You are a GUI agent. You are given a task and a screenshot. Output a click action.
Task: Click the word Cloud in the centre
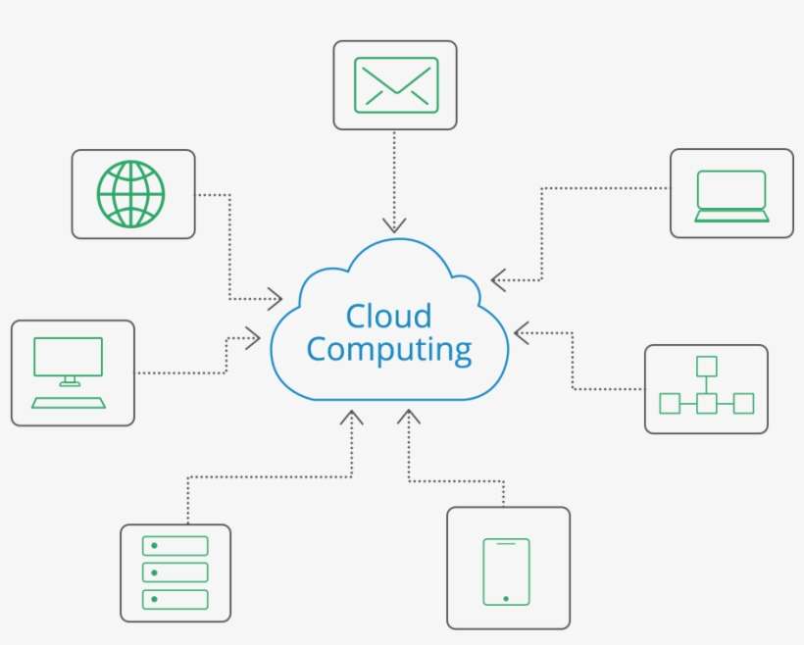tap(389, 316)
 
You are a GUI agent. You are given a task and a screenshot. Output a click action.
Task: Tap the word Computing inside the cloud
tap(389, 350)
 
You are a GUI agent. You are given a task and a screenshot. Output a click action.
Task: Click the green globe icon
tap(131, 193)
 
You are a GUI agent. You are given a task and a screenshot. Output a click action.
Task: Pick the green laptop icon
tap(731, 195)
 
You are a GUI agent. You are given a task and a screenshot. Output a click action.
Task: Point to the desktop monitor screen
tap(68, 357)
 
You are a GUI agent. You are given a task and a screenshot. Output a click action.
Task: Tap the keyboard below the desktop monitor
tap(69, 402)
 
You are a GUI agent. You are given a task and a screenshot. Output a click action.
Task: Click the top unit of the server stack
tap(176, 546)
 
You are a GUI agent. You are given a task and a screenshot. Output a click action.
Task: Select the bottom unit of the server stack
tap(176, 598)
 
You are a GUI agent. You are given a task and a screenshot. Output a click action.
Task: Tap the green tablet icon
tap(506, 571)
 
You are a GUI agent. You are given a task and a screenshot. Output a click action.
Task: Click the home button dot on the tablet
tap(506, 598)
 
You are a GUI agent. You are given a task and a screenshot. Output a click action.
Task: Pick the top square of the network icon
tap(706, 367)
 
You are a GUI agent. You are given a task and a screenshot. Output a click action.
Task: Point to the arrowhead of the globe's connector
tap(277, 298)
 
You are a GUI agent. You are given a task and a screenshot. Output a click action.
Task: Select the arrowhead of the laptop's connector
tap(497, 281)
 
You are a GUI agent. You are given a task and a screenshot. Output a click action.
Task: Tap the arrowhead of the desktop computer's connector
tap(255, 339)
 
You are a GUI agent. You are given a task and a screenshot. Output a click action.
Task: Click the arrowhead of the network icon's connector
tap(521, 333)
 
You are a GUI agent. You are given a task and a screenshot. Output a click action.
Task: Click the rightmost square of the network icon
tap(743, 403)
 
